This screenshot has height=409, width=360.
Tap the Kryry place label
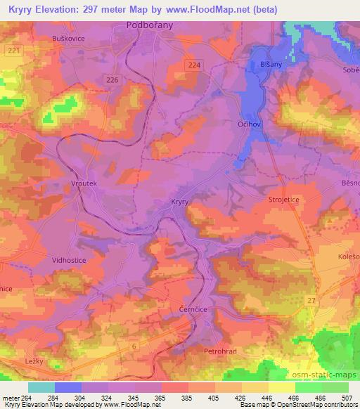click(181, 202)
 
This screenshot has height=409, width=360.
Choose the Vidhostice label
click(69, 259)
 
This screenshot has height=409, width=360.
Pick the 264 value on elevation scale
click(26, 397)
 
